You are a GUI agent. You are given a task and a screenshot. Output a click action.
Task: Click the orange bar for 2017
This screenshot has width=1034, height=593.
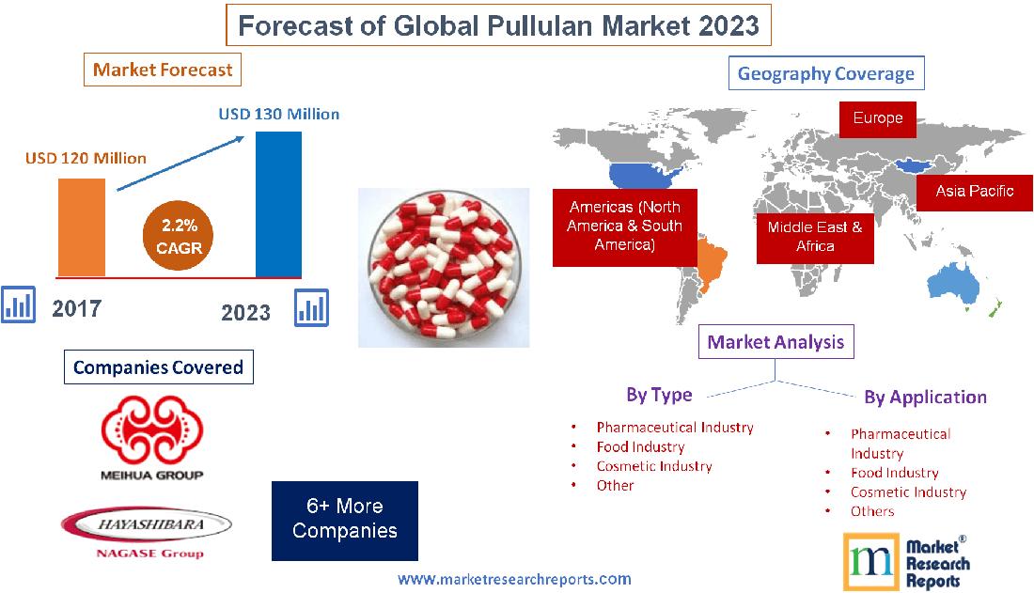pyautogui.click(x=82, y=226)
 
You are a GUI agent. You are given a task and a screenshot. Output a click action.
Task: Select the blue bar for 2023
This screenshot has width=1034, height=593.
pyautogui.click(x=278, y=204)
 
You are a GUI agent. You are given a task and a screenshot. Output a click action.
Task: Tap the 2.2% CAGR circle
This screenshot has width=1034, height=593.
pyautogui.click(x=179, y=237)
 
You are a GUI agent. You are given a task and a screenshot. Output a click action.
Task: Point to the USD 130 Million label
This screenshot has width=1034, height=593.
pyautogui.click(x=279, y=115)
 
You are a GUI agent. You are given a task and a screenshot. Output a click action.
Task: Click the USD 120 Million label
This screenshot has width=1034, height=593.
pyautogui.click(x=86, y=158)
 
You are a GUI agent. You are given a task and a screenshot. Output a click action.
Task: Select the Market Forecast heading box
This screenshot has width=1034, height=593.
pyautogui.click(x=163, y=70)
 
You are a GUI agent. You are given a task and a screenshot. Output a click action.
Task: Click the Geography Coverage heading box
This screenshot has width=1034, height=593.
pyautogui.click(x=826, y=73)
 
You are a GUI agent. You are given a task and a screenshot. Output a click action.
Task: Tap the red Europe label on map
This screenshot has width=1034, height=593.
pyautogui.click(x=878, y=119)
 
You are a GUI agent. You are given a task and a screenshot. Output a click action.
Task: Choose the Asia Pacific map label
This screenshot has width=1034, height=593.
pyautogui.click(x=975, y=192)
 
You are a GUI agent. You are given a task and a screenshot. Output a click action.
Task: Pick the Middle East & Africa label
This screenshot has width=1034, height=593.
pyautogui.click(x=815, y=237)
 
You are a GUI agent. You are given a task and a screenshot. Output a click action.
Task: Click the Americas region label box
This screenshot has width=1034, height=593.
pyautogui.click(x=624, y=226)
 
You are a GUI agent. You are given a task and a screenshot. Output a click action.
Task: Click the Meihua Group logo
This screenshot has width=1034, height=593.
pyautogui.click(x=151, y=437)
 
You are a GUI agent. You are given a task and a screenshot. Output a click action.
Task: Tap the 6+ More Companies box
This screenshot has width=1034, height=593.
pyautogui.click(x=345, y=520)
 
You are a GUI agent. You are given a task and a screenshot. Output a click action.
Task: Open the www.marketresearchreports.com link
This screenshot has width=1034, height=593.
pyautogui.click(x=514, y=579)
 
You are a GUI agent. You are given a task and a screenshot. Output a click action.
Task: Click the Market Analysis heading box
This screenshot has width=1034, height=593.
pyautogui.click(x=775, y=342)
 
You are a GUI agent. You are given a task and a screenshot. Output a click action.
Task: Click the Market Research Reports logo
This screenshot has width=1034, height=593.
pyautogui.click(x=906, y=562)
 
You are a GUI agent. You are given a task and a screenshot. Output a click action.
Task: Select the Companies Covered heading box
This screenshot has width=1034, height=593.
pyautogui.click(x=158, y=367)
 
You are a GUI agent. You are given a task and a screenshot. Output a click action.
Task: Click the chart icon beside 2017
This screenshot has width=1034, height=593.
pyautogui.click(x=19, y=305)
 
